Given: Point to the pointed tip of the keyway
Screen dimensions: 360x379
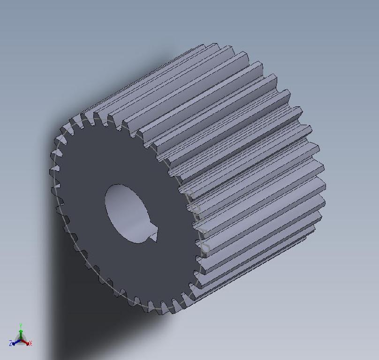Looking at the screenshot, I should coord(155,241).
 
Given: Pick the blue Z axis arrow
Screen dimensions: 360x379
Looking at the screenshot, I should coord(15,342).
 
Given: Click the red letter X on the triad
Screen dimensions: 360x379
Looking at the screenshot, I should coord(30,344).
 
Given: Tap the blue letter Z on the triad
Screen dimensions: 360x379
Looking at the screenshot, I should coord(10,344).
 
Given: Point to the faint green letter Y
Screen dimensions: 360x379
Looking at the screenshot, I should coord(21,325).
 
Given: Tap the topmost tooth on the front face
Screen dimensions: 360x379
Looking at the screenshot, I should coord(87,116).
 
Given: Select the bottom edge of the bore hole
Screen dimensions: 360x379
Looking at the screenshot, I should coord(136,242).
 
